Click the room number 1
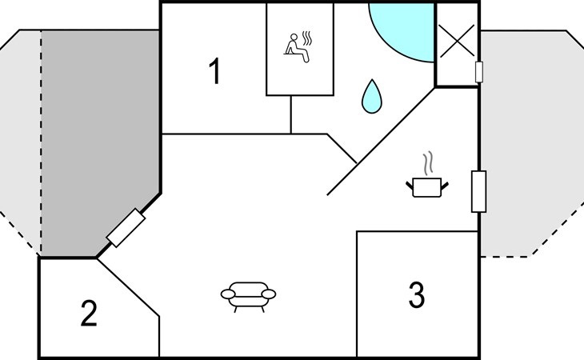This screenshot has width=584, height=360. click(x=215, y=71)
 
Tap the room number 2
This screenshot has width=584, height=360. click(x=89, y=314)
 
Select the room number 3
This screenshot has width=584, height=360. click(x=416, y=295)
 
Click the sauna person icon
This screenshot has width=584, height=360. click(x=297, y=48)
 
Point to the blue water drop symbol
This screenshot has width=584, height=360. click(x=372, y=97)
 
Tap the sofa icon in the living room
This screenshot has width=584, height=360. click(x=248, y=297)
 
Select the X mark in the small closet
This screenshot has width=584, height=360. click(x=457, y=41)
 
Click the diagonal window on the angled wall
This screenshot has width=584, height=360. click(x=126, y=228)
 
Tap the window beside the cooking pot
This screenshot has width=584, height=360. click(x=478, y=191)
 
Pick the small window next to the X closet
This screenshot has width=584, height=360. click(x=479, y=72)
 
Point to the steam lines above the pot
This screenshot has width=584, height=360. click(x=429, y=162)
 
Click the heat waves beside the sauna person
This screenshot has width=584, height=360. click(x=307, y=38)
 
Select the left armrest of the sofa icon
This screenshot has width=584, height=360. click(x=228, y=294)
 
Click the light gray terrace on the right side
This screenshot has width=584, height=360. click(x=529, y=142)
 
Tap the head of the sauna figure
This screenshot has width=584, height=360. click(x=294, y=37)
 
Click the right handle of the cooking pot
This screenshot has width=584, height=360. click(x=445, y=185)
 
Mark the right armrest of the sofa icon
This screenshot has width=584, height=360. click(x=269, y=294)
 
